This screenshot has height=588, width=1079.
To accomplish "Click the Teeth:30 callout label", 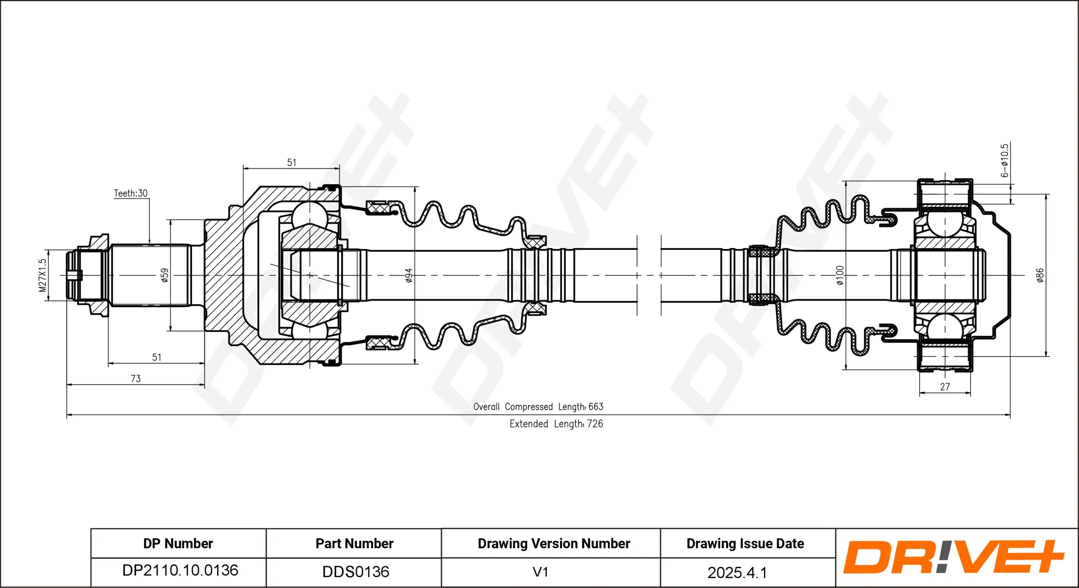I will coord(130,193).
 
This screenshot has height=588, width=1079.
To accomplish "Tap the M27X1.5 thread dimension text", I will coord(42,275).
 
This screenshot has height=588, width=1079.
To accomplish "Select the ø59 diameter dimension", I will coord(164,275).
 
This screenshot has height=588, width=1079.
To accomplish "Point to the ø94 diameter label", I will coord(408,275).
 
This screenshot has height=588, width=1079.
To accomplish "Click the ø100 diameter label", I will coord(839,275).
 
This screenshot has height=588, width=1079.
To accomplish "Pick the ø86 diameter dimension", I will coord(1040,275).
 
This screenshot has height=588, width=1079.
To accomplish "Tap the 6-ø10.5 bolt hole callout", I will coord(1005,160).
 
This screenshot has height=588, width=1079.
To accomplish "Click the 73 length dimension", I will coord(136,379).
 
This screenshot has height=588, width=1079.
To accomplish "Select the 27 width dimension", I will coord(945,387).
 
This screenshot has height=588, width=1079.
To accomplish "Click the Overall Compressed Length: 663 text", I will coord(538,407).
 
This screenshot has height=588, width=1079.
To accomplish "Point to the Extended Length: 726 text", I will coord(556,424).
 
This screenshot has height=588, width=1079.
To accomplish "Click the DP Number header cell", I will coord(178,544).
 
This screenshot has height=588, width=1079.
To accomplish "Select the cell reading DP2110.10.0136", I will coord(180,571).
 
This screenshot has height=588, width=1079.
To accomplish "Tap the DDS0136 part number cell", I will coord(356,572).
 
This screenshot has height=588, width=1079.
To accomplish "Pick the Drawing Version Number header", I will coord(554,544).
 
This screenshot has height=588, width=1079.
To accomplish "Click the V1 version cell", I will coord(540,572).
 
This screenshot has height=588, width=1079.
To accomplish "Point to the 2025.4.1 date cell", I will coord(737,572).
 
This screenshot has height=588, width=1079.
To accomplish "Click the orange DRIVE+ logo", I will coord(954,557).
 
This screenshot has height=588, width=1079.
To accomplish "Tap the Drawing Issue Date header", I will coord(745,544).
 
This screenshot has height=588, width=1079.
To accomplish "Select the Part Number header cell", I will coord(354,544).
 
